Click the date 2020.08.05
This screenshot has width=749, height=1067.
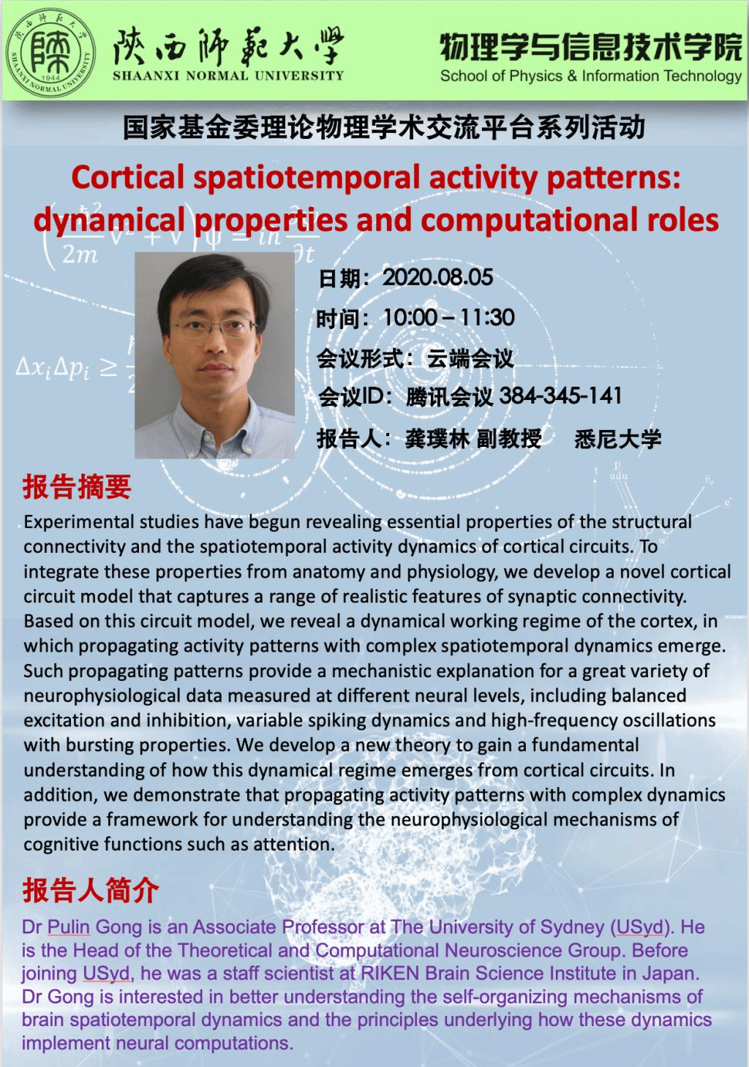(x=437, y=278)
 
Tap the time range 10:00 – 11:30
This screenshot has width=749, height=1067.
(x=448, y=317)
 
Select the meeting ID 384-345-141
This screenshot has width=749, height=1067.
(x=560, y=396)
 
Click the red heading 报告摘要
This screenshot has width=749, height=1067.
(x=77, y=487)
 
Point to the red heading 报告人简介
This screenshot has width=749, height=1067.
(x=91, y=890)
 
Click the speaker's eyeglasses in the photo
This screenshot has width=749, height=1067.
(x=213, y=328)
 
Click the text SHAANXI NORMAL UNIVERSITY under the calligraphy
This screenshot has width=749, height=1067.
(x=228, y=76)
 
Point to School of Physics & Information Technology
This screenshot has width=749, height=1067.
(x=591, y=76)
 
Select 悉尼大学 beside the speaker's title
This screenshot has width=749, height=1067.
(x=618, y=439)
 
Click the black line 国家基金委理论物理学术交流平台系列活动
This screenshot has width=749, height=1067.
(x=384, y=128)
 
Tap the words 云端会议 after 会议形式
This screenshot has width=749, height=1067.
(x=470, y=358)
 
